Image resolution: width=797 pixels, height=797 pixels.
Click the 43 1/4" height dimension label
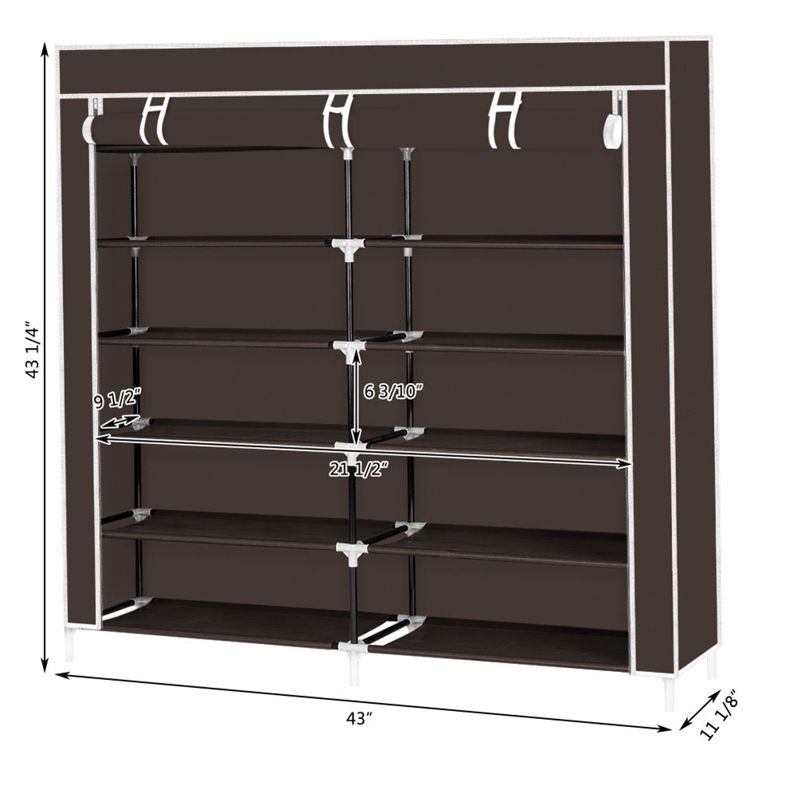[x=33, y=350]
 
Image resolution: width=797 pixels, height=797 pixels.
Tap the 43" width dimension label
[x=359, y=718]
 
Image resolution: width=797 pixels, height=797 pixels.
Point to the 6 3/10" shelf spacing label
[x=393, y=392]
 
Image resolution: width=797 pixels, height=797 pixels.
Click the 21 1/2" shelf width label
[x=360, y=469]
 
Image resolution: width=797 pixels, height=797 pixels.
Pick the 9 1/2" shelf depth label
[x=116, y=399]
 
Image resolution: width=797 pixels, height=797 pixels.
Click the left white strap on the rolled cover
[x=154, y=120]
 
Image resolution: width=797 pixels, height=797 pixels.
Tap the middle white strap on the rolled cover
[x=338, y=120]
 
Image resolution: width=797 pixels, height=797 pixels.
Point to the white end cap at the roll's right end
[x=613, y=131]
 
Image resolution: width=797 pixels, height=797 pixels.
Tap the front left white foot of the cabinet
[x=69, y=646]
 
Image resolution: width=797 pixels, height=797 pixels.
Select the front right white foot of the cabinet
[x=669, y=693]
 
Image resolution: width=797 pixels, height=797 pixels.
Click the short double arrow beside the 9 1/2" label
[x=119, y=421]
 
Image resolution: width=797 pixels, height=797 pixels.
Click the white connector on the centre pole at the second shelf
[x=348, y=247]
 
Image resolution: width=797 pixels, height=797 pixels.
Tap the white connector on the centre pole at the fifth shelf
[x=351, y=550]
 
